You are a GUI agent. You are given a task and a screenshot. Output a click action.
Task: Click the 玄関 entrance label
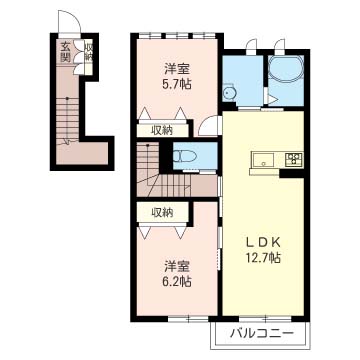(65, 52)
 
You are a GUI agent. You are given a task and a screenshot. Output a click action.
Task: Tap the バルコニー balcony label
(263, 333)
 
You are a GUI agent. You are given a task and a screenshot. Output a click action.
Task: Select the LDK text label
(262, 242)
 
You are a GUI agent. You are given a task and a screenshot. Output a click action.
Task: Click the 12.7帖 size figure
(262, 257)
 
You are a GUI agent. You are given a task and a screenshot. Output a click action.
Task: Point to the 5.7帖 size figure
(177, 84)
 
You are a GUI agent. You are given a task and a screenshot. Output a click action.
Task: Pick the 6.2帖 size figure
(177, 282)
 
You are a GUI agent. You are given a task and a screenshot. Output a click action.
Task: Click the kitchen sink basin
(263, 159)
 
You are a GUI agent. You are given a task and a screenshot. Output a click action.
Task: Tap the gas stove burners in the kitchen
(294, 158)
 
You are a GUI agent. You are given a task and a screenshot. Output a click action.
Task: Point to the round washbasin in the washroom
(229, 92)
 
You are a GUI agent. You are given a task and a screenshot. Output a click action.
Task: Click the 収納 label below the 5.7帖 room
(162, 131)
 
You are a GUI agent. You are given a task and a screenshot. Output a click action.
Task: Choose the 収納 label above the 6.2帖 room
(162, 212)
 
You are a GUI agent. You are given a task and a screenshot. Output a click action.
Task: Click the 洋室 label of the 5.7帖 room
(177, 69)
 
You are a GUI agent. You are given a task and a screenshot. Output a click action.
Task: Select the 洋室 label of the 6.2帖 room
(177, 267)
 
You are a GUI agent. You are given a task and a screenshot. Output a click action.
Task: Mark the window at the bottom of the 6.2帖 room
(189, 319)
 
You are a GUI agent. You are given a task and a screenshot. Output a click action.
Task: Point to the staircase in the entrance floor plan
(68, 121)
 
